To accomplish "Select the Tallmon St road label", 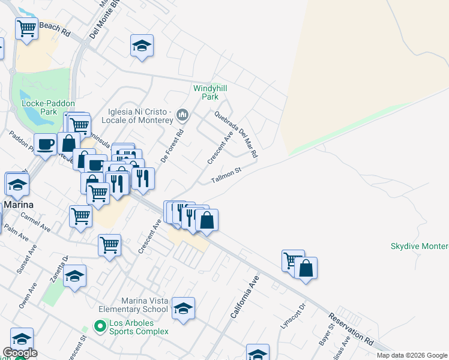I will (226, 176).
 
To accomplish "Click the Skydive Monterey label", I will (419, 246).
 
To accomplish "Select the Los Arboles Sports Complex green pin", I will (100, 326).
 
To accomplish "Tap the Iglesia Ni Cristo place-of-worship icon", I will (184, 114).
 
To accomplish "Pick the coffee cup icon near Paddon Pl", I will (46, 145).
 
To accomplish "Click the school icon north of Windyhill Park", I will (142, 46).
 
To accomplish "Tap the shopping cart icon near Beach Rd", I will (26, 28).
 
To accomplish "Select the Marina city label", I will (17, 205).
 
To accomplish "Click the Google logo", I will (20, 353).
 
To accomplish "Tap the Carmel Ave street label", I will (35, 220).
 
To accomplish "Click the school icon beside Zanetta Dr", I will (74, 277).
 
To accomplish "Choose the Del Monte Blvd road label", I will (97, 23).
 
